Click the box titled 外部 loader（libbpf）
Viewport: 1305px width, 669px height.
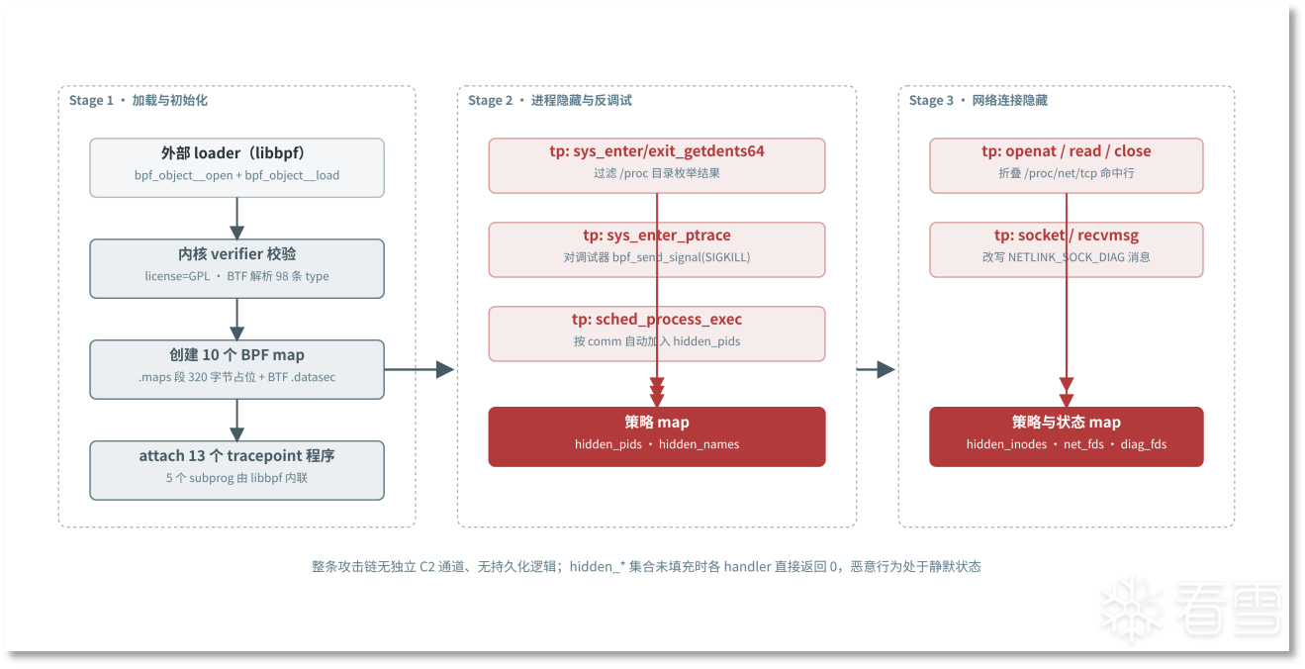point(236,168)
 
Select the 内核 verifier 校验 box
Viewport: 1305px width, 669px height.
point(236,268)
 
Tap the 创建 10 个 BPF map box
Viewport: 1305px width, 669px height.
point(236,369)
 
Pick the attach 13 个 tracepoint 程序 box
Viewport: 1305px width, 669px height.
point(236,470)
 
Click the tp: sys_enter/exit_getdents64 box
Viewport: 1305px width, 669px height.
point(657,165)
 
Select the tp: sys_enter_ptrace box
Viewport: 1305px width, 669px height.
point(657,249)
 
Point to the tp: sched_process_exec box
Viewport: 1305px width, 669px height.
point(657,334)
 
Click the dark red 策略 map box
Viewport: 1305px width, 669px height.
point(657,436)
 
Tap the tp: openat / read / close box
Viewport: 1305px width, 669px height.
point(1067,165)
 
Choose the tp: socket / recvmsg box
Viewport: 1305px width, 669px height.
point(1067,249)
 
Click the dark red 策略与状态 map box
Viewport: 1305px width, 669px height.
point(1067,436)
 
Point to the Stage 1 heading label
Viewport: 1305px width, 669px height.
point(139,100)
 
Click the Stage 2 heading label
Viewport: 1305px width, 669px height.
point(549,100)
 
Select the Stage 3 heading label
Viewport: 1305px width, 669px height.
point(979,100)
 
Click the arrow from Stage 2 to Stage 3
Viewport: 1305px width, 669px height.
point(876,369)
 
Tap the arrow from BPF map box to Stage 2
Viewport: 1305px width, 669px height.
point(419,369)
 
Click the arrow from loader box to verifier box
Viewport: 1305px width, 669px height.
point(236,219)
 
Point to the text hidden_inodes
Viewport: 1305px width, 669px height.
point(1006,444)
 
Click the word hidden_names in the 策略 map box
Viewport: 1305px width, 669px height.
point(699,444)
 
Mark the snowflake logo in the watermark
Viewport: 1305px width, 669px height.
point(1131,608)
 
